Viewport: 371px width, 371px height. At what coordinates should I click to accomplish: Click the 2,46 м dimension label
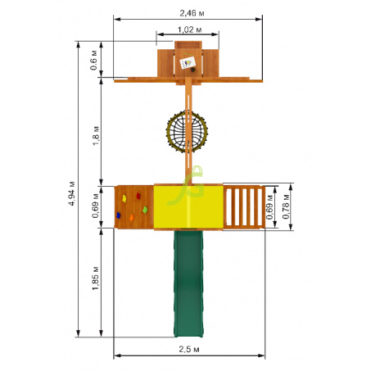(x=192, y=13)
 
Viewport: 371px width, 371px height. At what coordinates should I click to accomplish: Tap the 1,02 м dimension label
(x=190, y=29)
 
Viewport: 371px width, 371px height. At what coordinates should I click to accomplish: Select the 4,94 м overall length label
(x=72, y=193)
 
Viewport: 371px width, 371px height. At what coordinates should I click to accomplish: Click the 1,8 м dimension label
(x=96, y=136)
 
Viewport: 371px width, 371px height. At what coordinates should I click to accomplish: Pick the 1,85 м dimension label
(x=95, y=278)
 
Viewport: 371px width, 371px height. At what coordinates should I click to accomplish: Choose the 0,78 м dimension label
(x=286, y=206)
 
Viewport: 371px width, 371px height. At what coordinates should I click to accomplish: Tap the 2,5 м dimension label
(x=189, y=349)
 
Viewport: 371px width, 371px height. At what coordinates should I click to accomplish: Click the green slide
(x=188, y=283)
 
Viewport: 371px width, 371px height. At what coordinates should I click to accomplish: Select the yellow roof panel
(x=188, y=206)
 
